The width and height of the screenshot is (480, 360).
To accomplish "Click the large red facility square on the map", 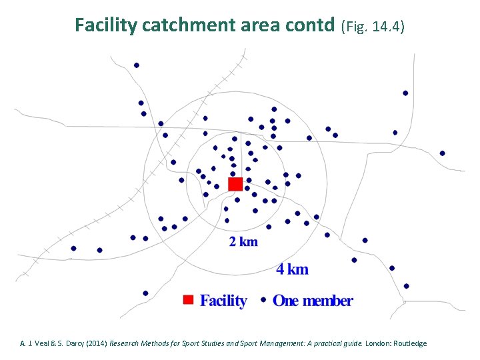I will click(x=235, y=184).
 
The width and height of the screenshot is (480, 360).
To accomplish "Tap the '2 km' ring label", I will click(x=243, y=242).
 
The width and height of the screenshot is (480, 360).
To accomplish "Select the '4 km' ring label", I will click(x=293, y=269).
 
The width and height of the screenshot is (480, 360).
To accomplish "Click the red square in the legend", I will click(x=188, y=300).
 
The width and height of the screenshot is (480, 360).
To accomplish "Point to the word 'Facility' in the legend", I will click(x=223, y=301).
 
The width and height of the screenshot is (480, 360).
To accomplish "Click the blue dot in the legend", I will click(x=263, y=300).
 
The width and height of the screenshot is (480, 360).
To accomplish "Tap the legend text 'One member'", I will click(x=313, y=301).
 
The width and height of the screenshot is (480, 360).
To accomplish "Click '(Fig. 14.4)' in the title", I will click(x=373, y=26).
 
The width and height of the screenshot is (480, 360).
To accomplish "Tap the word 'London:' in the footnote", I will click(x=377, y=343).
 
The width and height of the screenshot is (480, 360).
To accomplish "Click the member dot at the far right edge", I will click(x=442, y=153).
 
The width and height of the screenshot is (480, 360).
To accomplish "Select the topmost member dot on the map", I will click(x=137, y=65).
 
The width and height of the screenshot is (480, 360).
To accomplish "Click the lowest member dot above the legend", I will click(x=145, y=293).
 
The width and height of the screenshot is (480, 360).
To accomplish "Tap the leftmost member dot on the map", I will click(x=73, y=249).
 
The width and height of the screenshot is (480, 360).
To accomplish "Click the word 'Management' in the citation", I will click(x=241, y=343).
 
